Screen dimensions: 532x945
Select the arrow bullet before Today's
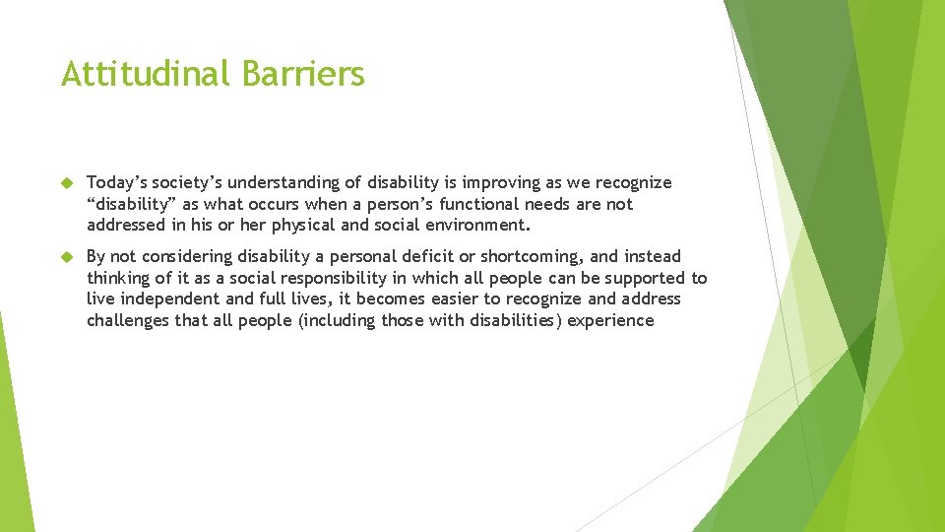click(x=67, y=183)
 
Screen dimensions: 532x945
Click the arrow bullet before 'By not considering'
click(x=67, y=257)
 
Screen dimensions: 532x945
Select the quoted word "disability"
click(x=131, y=204)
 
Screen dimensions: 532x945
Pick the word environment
click(x=476, y=226)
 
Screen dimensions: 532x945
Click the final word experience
click(x=609, y=320)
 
